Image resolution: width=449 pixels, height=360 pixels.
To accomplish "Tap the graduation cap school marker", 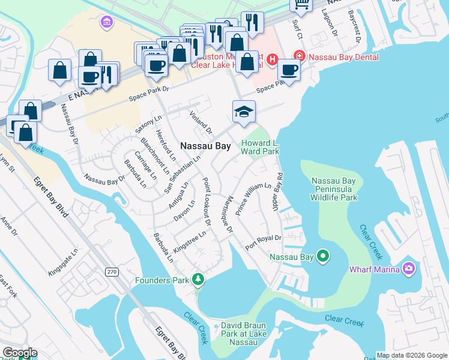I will click(244, 112).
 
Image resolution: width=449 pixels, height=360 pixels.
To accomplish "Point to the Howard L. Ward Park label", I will click(260, 148).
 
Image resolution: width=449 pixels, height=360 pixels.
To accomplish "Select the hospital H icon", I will click(272, 59).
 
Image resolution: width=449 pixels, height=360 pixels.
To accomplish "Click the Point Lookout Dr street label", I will click(206, 202).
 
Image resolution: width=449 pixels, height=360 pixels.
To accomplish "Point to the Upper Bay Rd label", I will click(280, 190).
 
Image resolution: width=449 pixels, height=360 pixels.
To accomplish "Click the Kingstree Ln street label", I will click(190, 239).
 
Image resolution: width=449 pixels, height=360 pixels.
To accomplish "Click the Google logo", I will click(20, 353).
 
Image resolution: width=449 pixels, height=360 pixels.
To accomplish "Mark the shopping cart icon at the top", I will click(301, 5).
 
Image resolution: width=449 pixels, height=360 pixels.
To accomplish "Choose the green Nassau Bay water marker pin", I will click(323, 257).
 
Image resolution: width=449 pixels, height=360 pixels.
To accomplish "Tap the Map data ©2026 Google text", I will click(412, 355).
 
